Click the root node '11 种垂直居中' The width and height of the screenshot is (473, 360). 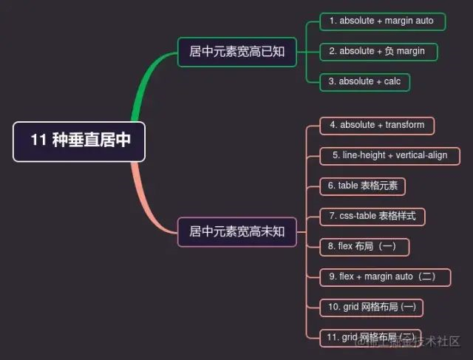tap(79, 140)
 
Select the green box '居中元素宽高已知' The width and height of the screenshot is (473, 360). tap(236, 52)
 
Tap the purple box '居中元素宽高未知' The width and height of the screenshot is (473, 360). tap(236, 231)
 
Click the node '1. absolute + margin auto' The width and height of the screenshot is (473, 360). tap(382, 21)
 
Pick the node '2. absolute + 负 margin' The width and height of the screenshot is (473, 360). tap(378, 52)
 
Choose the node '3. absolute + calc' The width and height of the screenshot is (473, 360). tap(364, 81)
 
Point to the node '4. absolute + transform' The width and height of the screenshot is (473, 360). tap(377, 126)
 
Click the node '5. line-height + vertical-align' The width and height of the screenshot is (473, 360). tap(389, 156)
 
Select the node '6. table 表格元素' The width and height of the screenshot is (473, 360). tap(363, 186)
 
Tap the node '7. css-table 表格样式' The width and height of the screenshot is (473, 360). tap(372, 217)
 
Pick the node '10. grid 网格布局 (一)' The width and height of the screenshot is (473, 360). tap(372, 307)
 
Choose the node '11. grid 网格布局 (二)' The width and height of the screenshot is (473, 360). tap(370, 338)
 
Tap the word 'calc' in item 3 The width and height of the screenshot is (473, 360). tap(392, 81)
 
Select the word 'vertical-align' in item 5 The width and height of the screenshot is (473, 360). tap(422, 156)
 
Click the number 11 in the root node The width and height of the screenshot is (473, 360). tap(38, 140)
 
